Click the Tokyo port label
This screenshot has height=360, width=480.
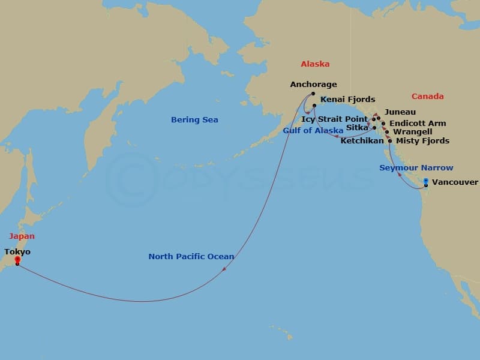pyautogui.click(x=17, y=252)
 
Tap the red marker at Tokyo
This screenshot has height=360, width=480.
pyautogui.click(x=17, y=260)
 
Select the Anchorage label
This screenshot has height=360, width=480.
pyautogui.click(x=313, y=85)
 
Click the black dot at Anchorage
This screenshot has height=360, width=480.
pyautogui.click(x=313, y=94)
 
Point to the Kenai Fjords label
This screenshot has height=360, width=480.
pyautogui.click(x=347, y=100)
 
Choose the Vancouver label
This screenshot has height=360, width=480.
pyautogui.click(x=455, y=182)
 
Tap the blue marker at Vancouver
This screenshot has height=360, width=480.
pyautogui.click(x=425, y=181)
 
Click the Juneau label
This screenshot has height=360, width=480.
pyautogui.click(x=400, y=112)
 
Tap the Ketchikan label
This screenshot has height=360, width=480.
pyautogui.click(x=361, y=141)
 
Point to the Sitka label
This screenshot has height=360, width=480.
pyautogui.click(x=357, y=128)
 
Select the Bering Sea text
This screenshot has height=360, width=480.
pyautogui.click(x=194, y=120)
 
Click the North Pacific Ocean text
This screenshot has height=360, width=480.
pyautogui.click(x=191, y=257)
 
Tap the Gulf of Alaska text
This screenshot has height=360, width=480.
pyautogui.click(x=313, y=130)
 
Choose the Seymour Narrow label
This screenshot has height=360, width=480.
pyautogui.click(x=416, y=168)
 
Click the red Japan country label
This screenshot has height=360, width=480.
pyautogui.click(x=21, y=236)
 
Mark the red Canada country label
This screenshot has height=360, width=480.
pyautogui.click(x=428, y=97)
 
